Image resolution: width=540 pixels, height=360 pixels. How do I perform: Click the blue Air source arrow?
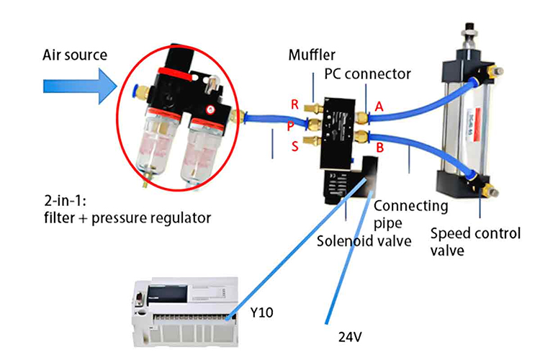pyautogui.click(x=80, y=86)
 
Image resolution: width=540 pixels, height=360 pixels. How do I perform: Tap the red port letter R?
pyautogui.click(x=294, y=104)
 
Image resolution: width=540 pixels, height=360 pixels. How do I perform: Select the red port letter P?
pyautogui.click(x=290, y=127)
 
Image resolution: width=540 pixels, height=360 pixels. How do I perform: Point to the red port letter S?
pyautogui.click(x=294, y=146)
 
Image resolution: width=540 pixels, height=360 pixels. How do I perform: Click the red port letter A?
pyautogui.click(x=379, y=107)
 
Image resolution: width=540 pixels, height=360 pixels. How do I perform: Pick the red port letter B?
pyautogui.click(x=380, y=148)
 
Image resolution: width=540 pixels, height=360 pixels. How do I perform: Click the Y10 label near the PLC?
pyautogui.click(x=262, y=312)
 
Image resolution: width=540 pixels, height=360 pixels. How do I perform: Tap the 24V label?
pyautogui.click(x=350, y=337)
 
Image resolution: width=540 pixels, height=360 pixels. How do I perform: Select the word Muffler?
pyautogui.click(x=312, y=55)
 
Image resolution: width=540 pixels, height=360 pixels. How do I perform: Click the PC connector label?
pyautogui.click(x=367, y=73)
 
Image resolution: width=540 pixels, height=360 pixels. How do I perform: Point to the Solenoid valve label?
pyautogui.click(x=364, y=240)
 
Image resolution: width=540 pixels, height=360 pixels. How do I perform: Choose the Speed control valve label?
pyautogui.click(x=475, y=242)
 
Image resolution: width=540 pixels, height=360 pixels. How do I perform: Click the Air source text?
pyautogui.click(x=75, y=55)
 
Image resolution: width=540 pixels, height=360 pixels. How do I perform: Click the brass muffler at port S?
pyautogui.click(x=312, y=140)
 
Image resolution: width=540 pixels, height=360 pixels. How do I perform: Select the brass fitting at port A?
pyautogui.click(x=361, y=118)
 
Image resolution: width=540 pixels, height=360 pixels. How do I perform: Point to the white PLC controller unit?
pyautogui.click(x=185, y=312)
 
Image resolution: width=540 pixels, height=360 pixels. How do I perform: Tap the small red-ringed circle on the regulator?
pyautogui.click(x=210, y=109)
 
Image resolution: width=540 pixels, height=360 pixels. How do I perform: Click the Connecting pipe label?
pyautogui.click(x=411, y=215)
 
